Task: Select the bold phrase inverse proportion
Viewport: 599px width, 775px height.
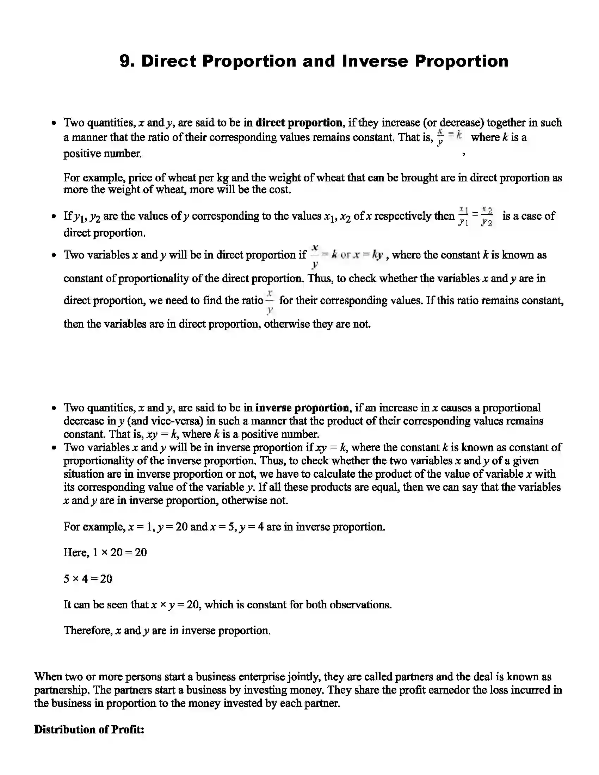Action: click(x=302, y=408)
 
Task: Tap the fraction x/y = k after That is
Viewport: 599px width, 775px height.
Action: click(x=450, y=137)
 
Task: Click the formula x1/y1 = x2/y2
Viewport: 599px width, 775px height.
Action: click(x=476, y=216)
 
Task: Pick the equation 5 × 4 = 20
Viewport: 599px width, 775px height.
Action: click(x=88, y=579)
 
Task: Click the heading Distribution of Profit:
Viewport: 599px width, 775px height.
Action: click(x=89, y=730)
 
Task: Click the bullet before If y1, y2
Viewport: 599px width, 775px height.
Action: click(x=54, y=216)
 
